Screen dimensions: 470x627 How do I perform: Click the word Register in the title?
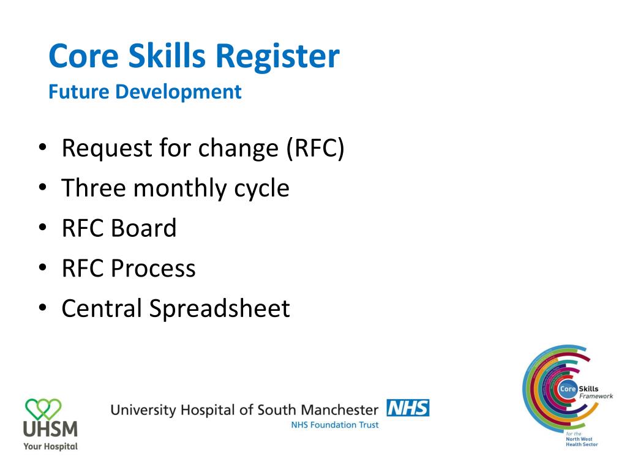coord(277,56)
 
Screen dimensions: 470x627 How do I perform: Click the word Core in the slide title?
coord(83,56)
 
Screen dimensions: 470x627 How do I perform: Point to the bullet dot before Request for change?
coord(42,149)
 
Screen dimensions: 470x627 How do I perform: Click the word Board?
coord(144,228)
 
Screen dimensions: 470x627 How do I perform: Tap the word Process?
coord(153,268)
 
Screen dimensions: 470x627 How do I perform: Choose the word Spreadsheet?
coord(219,308)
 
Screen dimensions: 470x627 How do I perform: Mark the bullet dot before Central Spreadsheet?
coord(42,308)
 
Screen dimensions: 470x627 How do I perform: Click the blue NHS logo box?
coord(408,408)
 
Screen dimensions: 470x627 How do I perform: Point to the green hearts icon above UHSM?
coord(43,406)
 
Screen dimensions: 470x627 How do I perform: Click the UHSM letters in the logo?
coord(50,428)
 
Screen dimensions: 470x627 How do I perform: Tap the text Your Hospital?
coord(50,446)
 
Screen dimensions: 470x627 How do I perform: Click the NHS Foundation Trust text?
coord(335,425)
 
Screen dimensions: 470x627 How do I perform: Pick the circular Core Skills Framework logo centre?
coord(566,390)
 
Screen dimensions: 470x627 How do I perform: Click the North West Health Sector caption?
coord(581,442)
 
